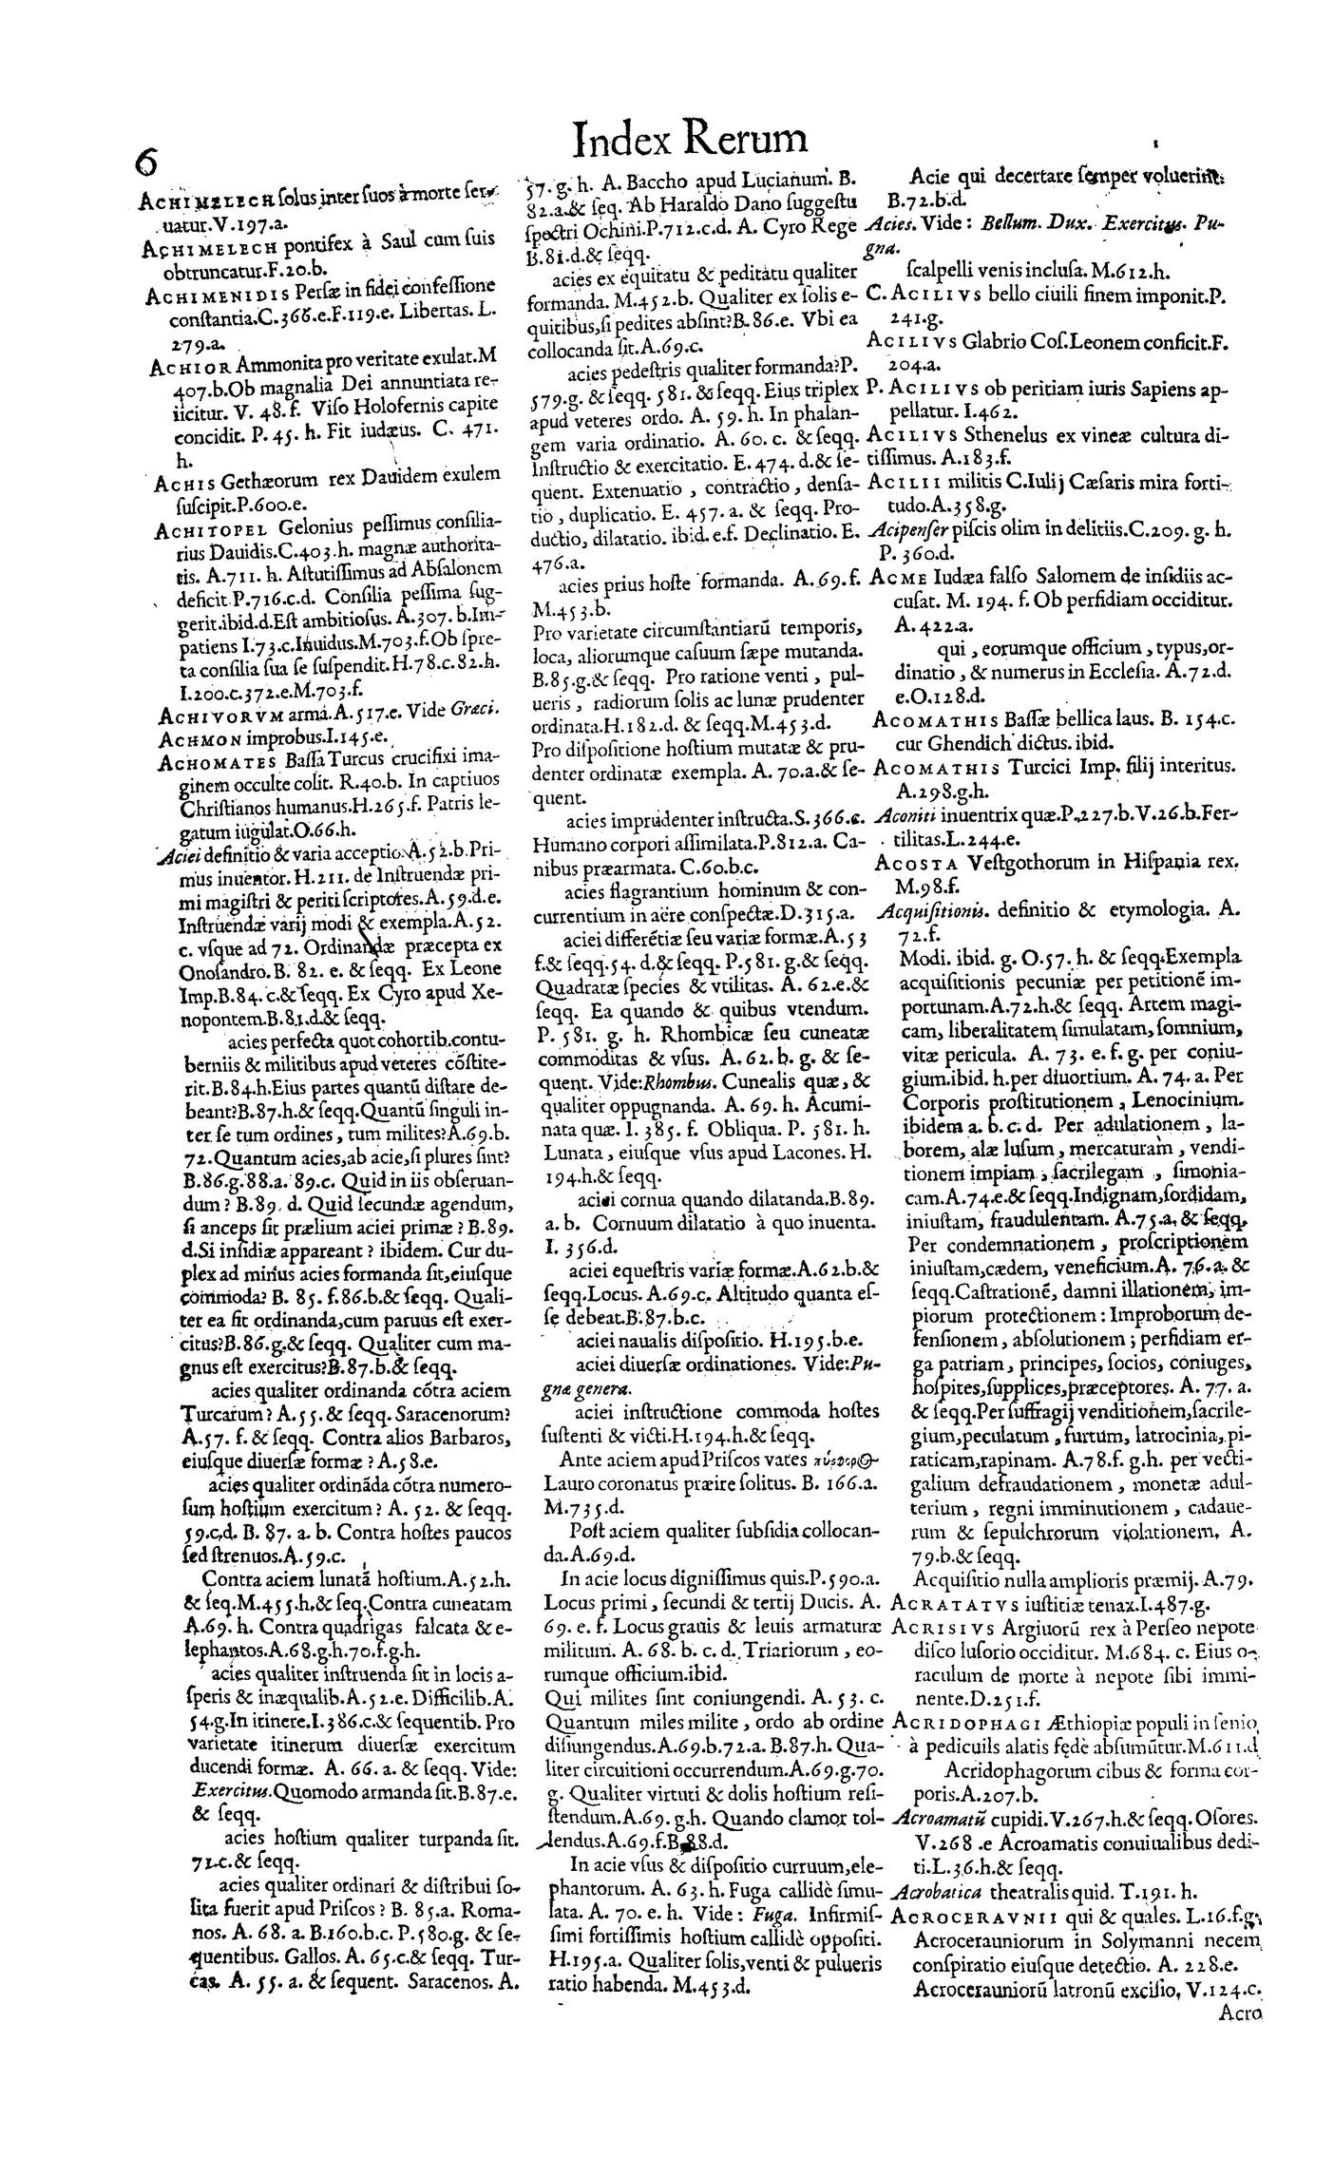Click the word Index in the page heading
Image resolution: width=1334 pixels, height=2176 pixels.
coord(620,139)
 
